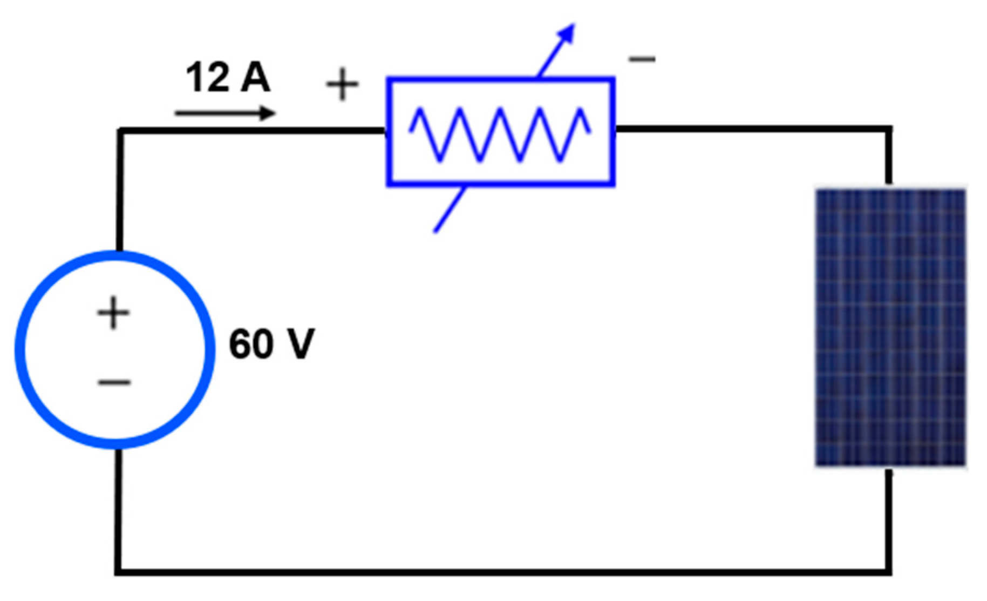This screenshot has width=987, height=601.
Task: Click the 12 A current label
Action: (227, 78)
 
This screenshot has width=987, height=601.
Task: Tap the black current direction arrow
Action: (224, 113)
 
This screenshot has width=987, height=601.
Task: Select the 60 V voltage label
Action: (271, 344)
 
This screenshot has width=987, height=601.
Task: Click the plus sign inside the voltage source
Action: (113, 313)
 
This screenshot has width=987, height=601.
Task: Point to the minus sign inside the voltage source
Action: (114, 383)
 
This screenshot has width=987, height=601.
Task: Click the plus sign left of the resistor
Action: (342, 84)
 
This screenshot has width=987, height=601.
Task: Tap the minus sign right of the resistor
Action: (642, 59)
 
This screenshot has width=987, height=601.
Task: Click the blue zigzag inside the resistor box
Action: (500, 134)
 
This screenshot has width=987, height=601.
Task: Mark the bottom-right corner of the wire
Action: (888, 571)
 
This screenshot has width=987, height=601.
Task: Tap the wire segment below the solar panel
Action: (888, 518)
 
